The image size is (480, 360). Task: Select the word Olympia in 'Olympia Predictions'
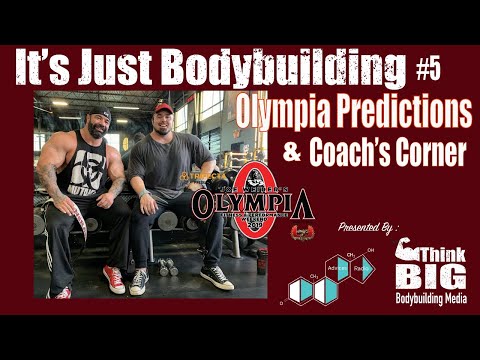(284, 112)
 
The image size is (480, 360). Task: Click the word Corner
(424, 155)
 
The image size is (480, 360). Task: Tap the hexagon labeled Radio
(362, 267)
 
